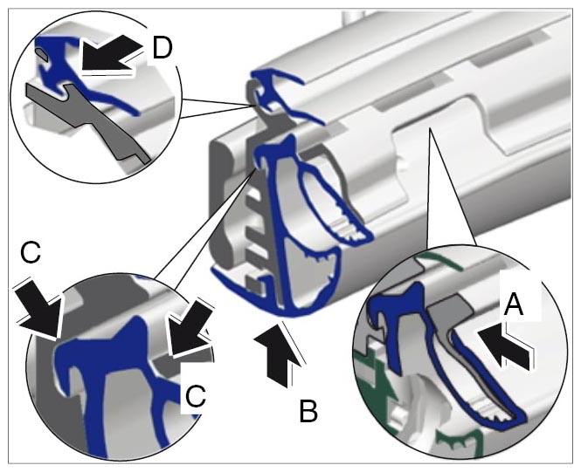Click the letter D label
point(163,48)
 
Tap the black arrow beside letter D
point(109,56)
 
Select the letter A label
point(514,304)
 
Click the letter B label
point(308,411)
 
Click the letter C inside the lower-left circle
point(196,396)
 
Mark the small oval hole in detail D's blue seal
point(42,56)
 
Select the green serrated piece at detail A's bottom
point(459,441)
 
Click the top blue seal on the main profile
point(279,93)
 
